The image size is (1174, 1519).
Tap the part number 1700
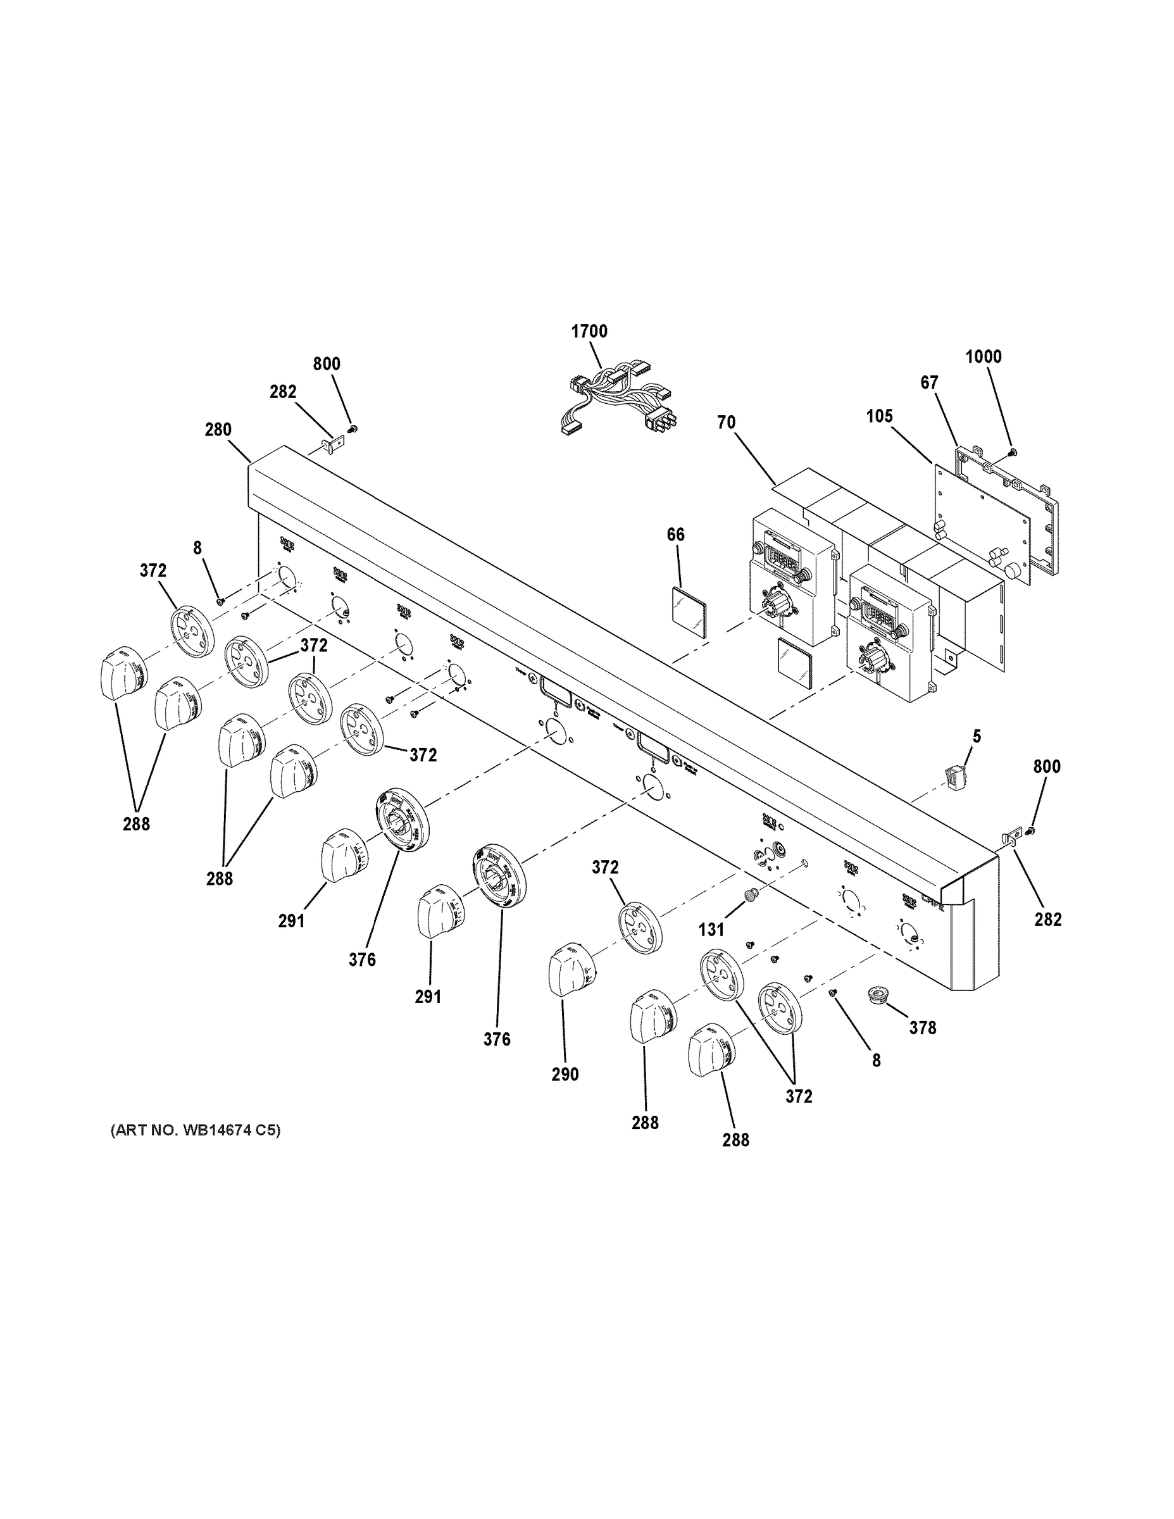[x=589, y=331]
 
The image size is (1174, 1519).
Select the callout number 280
[x=218, y=430]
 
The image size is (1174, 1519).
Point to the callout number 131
[x=711, y=929]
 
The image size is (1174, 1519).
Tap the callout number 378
[x=922, y=1027]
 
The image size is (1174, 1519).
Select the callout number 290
[x=565, y=1075]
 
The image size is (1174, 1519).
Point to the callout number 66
[x=675, y=535]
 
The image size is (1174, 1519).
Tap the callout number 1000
[x=984, y=357]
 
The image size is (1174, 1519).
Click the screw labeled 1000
[x=1012, y=452]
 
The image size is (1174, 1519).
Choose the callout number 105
[x=879, y=416]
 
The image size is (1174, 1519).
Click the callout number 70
[x=726, y=422]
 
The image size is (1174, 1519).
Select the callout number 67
[x=929, y=382]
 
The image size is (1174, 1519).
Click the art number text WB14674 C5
[x=196, y=1131]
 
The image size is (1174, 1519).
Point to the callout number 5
[x=977, y=737]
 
